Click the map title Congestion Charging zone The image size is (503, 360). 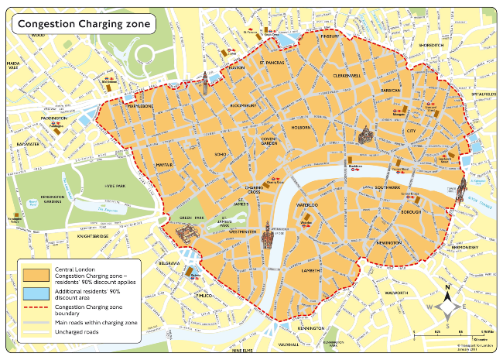(x=82, y=24)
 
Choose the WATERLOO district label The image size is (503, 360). (x=308, y=205)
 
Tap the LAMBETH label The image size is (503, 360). (x=311, y=272)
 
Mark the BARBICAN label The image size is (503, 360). (x=392, y=91)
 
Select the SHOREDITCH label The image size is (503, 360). (x=431, y=46)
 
